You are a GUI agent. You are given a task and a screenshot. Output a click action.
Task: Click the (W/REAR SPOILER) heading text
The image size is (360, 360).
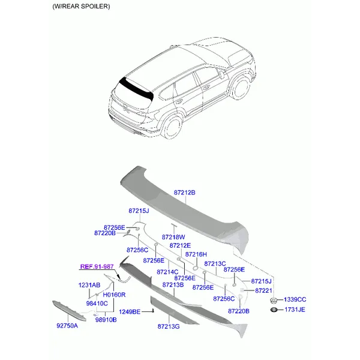pyautogui.click(x=81, y=7)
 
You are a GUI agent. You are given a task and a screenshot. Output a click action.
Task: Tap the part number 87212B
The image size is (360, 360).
pyautogui.click(x=184, y=193)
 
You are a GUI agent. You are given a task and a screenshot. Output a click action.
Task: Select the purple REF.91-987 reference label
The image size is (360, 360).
pyautogui.click(x=97, y=266)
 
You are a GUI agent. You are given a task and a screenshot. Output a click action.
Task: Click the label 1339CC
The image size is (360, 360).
pyautogui.click(x=295, y=299)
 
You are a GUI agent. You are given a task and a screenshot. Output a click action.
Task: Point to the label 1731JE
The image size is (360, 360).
pyautogui.click(x=295, y=310)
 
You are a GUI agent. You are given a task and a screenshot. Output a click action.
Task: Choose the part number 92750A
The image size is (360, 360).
pyautogui.click(x=67, y=326)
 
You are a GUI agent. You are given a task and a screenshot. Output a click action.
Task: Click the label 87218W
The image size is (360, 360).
pyautogui.click(x=173, y=237)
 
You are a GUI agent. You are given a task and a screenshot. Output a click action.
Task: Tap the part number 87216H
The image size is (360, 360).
pyautogui.click(x=196, y=254)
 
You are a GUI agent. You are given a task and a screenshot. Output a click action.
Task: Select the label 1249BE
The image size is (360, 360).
pyautogui.click(x=130, y=312)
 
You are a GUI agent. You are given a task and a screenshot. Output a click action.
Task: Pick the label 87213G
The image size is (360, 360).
pyautogui.click(x=169, y=326)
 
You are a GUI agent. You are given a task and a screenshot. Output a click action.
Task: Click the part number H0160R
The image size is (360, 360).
pyautogui.click(x=114, y=295)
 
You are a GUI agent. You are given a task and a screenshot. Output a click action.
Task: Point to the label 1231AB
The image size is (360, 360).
pyautogui.click(x=89, y=285)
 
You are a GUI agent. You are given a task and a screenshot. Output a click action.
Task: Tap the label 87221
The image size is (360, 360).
pyautogui.click(x=263, y=290)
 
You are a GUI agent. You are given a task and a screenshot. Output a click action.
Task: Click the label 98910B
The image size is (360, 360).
pyautogui.click(x=106, y=320)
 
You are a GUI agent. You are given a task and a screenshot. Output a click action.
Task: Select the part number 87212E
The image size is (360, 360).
pyautogui.click(x=180, y=245)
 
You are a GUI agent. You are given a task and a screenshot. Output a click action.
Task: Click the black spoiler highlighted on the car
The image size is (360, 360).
pyautogui.click(x=136, y=89)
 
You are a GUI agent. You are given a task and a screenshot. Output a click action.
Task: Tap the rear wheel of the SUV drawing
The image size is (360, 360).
pyautogui.click(x=172, y=127)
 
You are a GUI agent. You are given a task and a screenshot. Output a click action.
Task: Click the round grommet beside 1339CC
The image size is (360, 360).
pyautogui.click(x=274, y=300)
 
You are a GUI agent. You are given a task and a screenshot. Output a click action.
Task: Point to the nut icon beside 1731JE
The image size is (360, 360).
pyautogui.click(x=274, y=310)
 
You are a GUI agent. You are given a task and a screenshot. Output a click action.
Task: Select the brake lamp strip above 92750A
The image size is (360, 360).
pyautogui.click(x=69, y=311)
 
